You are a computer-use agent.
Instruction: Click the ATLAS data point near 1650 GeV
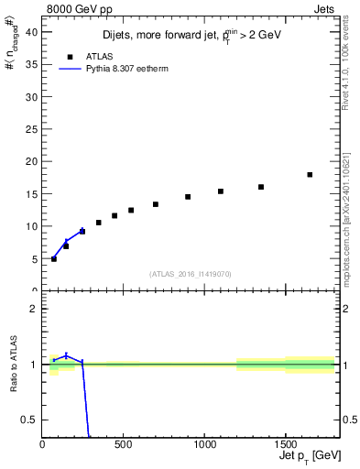(x=310, y=175)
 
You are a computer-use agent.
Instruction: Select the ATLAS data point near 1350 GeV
(x=261, y=187)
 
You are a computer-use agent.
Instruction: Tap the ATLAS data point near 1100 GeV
(x=221, y=191)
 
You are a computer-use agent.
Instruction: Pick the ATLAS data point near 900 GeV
(x=188, y=197)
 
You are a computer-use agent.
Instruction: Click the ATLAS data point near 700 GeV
(x=156, y=204)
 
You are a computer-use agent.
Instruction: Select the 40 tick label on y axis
(x=30, y=31)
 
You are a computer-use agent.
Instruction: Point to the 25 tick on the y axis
(x=30, y=128)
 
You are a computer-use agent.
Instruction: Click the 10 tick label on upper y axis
(x=30, y=226)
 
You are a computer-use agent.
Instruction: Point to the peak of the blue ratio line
(x=66, y=355)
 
